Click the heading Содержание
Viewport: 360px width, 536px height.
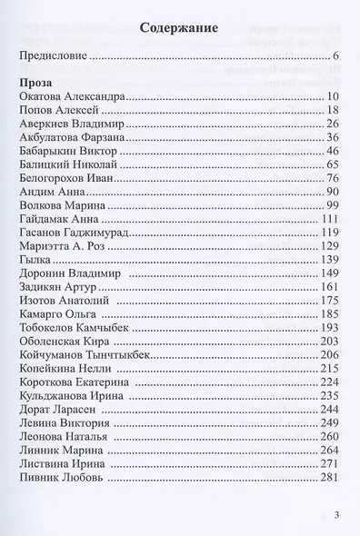179,28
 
